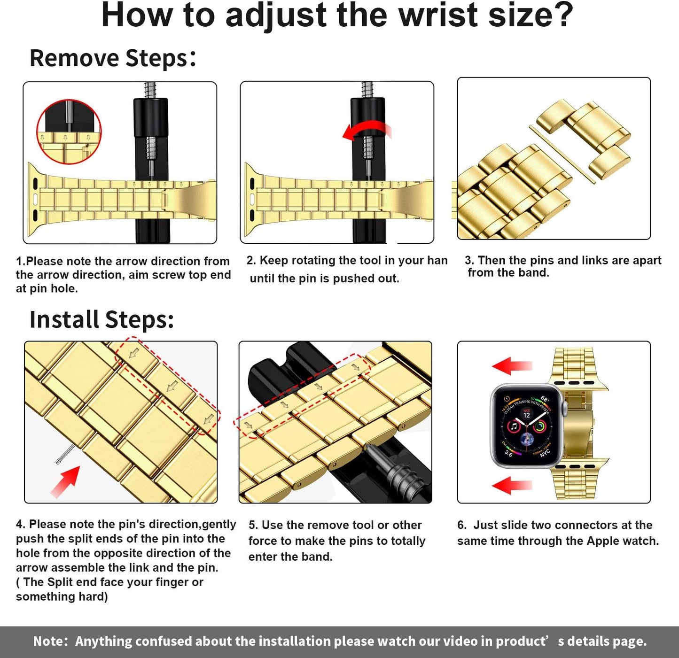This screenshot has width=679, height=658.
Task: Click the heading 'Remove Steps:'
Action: click(113, 58)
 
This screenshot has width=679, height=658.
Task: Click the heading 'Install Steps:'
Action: click(101, 320)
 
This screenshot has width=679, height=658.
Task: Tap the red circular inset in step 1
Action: click(69, 132)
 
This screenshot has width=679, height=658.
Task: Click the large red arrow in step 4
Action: click(66, 481)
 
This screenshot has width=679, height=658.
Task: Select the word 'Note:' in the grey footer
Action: click(51, 642)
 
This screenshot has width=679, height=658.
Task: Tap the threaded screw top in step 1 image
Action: click(150, 89)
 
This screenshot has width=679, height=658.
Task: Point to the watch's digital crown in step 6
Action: click(565, 409)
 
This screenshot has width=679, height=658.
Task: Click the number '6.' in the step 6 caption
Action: click(462, 525)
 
